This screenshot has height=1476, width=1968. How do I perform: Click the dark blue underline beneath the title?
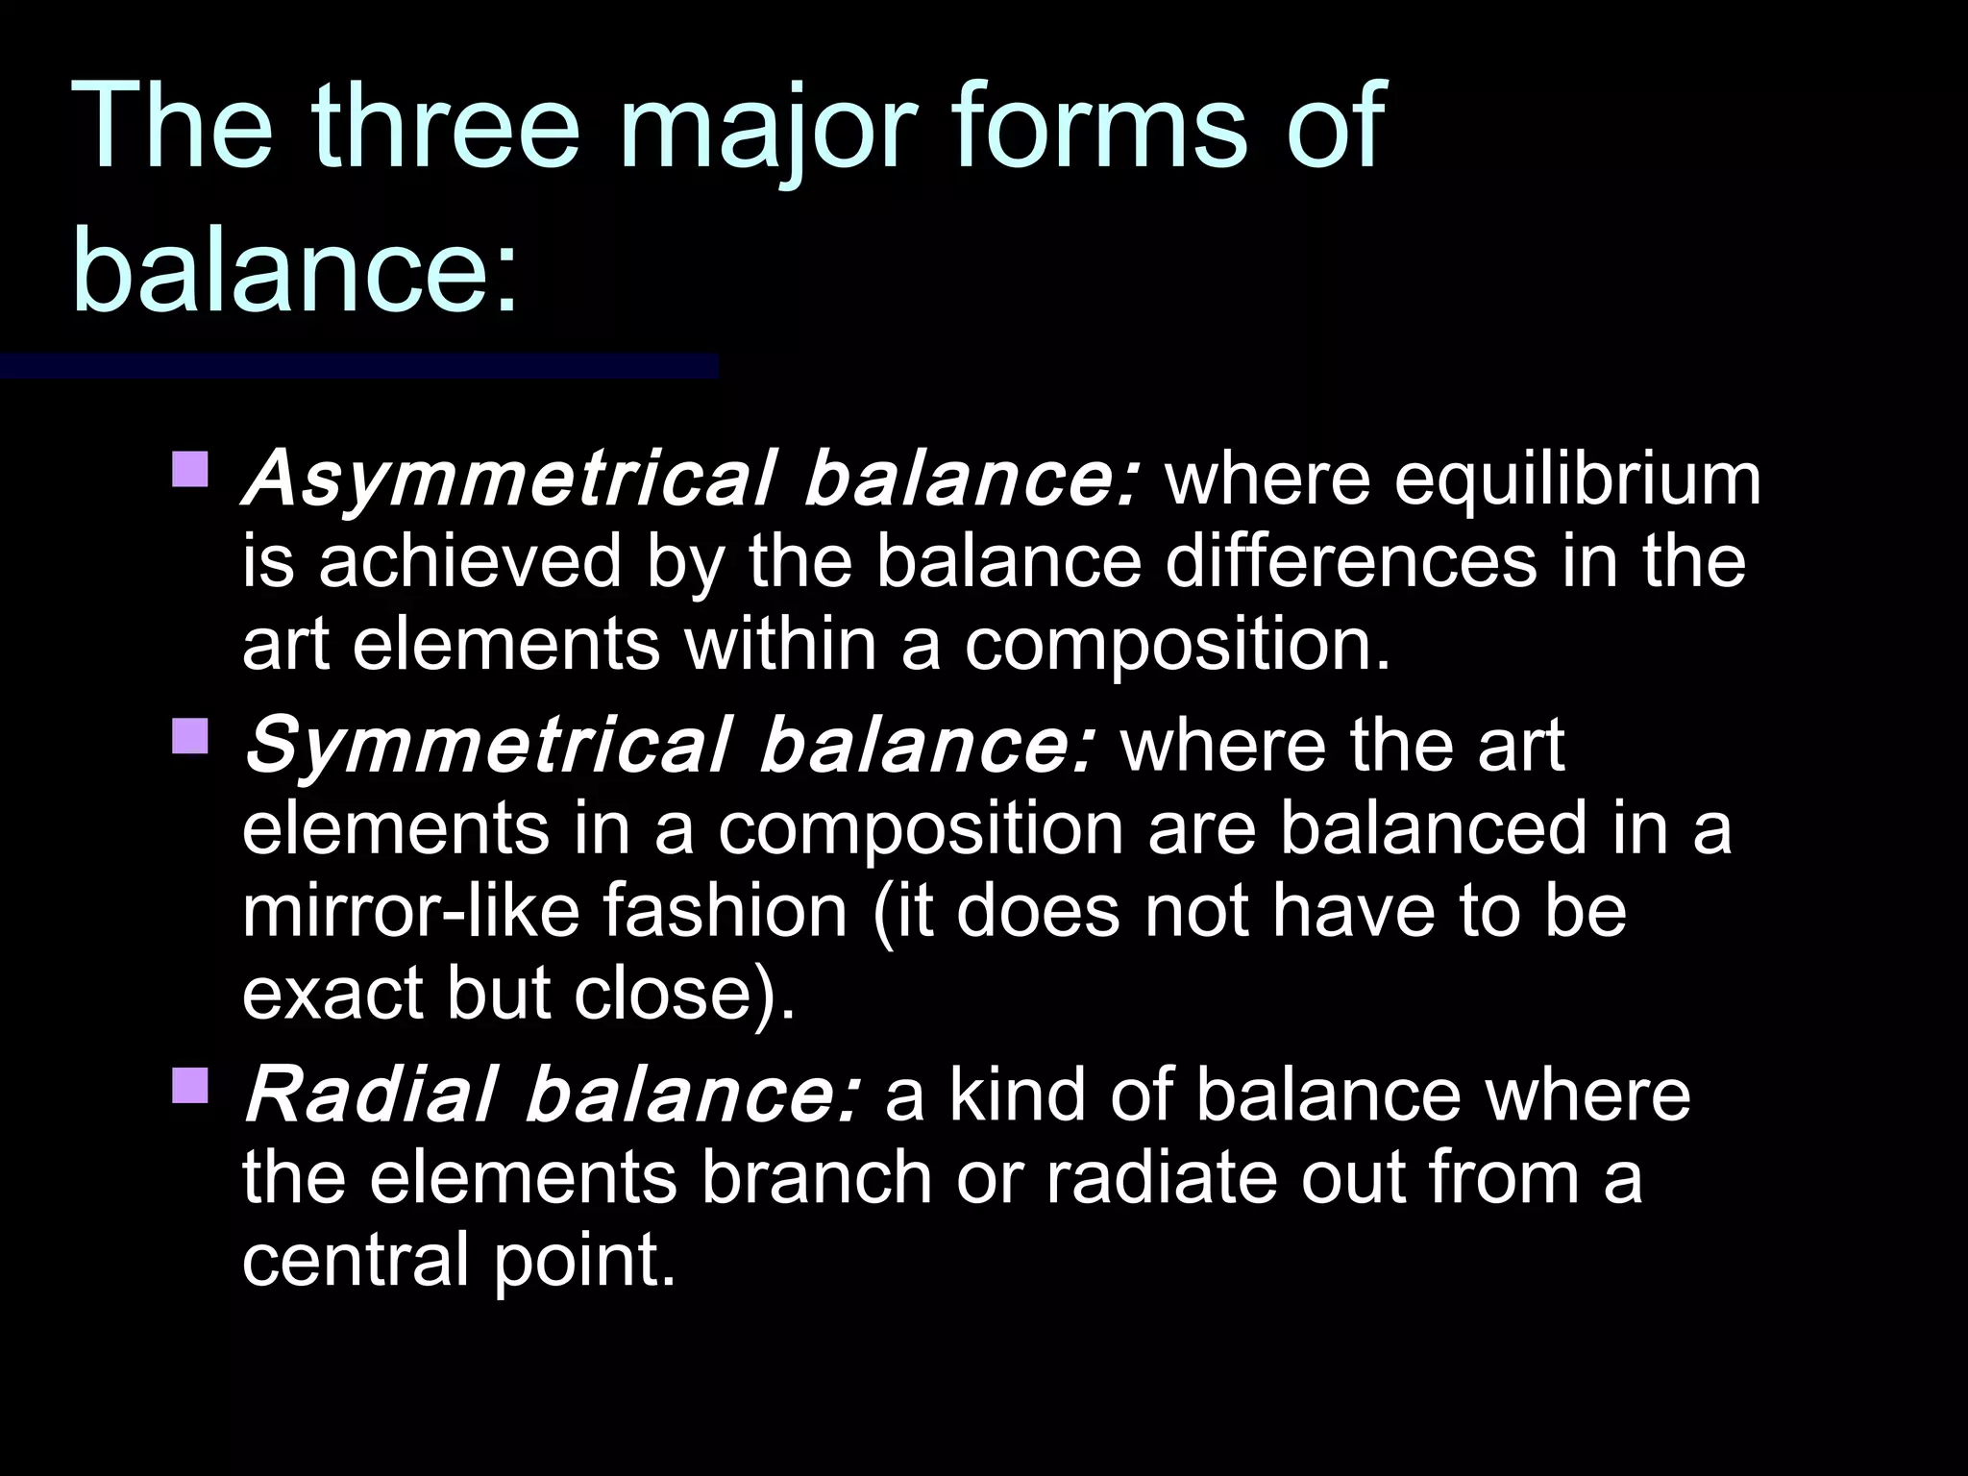358,366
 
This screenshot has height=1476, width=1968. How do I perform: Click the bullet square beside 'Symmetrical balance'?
190,735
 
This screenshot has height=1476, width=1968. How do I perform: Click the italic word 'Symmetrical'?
486,746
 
